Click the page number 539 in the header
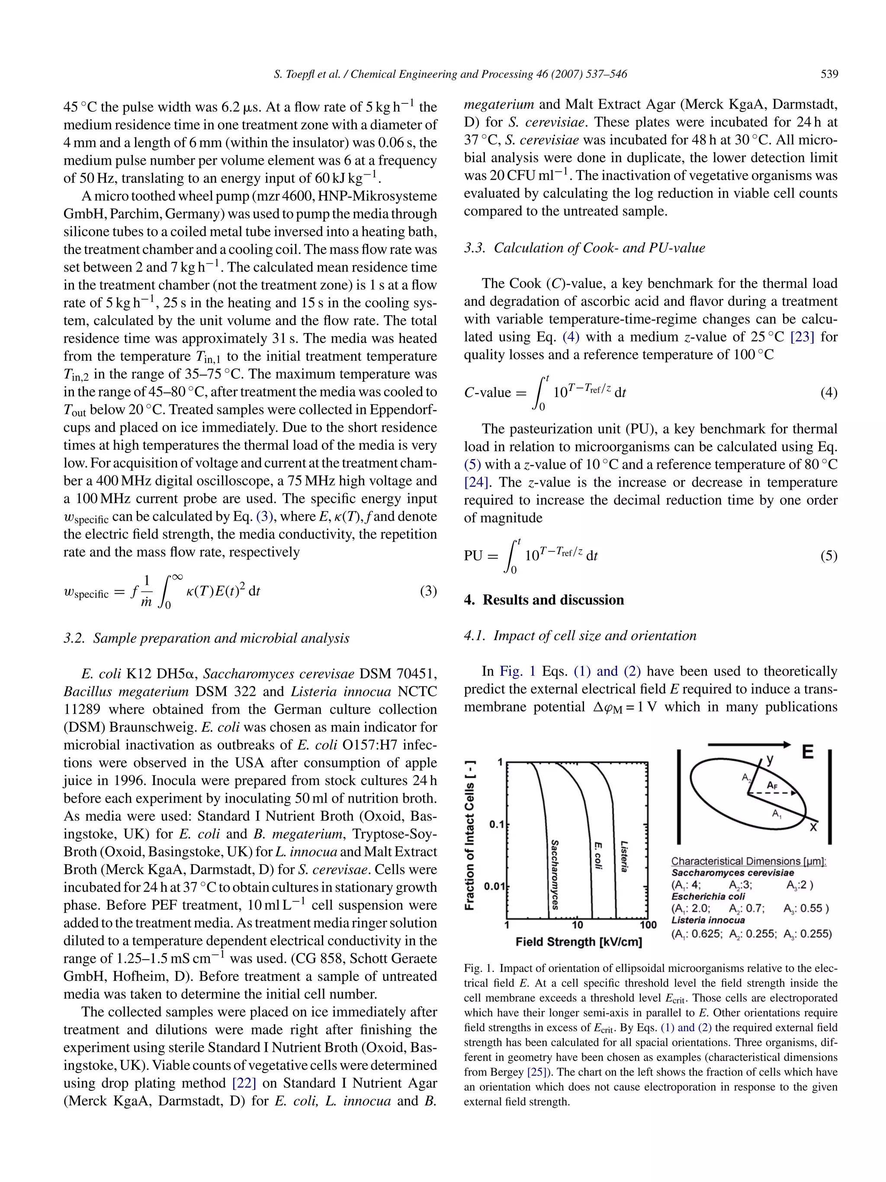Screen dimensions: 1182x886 tap(829, 74)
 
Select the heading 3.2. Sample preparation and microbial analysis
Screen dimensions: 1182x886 tap(206, 638)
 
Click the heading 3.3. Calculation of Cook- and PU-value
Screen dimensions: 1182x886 tap(584, 248)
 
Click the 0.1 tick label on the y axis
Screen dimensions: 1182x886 tap(497, 824)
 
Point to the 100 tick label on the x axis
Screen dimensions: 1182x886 tap(648, 925)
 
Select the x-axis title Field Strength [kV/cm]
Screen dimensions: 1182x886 tap(578, 942)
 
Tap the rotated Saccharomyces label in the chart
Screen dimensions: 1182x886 tap(555, 874)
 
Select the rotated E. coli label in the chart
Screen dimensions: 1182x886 tap(598, 856)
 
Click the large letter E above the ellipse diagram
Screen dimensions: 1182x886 tap(807, 753)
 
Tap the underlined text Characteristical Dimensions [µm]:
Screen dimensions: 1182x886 tap(749, 862)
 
